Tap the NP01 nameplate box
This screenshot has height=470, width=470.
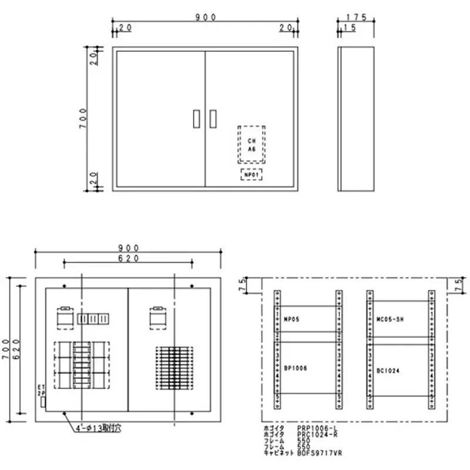[251, 174]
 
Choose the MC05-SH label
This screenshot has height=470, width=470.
[390, 319]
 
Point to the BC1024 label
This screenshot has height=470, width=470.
[388, 371]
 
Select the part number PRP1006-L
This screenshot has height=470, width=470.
[317, 428]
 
